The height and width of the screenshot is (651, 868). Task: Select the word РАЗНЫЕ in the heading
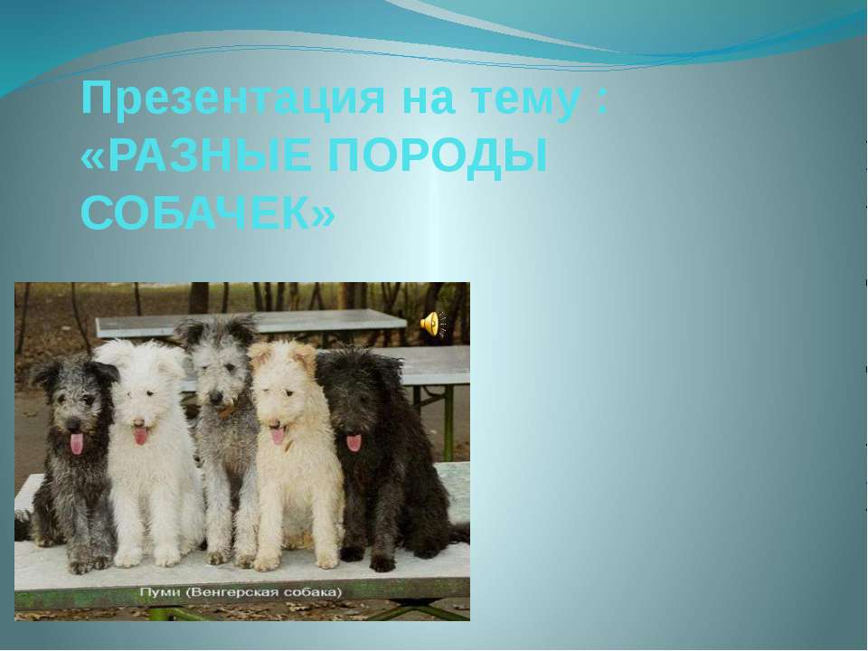point(210,156)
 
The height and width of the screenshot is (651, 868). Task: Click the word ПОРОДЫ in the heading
point(438,156)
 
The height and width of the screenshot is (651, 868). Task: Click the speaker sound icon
point(433,324)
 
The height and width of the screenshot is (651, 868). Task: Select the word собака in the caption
point(312,593)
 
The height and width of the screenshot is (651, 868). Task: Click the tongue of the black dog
point(354,442)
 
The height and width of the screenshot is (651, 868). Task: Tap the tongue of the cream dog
point(278,435)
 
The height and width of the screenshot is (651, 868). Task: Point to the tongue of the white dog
point(141,435)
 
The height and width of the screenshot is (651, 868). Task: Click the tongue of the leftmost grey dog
point(77,443)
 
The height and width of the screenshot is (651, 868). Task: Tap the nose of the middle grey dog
point(216,397)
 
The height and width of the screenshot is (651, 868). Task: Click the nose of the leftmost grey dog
point(72,425)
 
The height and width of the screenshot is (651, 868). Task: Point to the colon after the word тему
point(603,103)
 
